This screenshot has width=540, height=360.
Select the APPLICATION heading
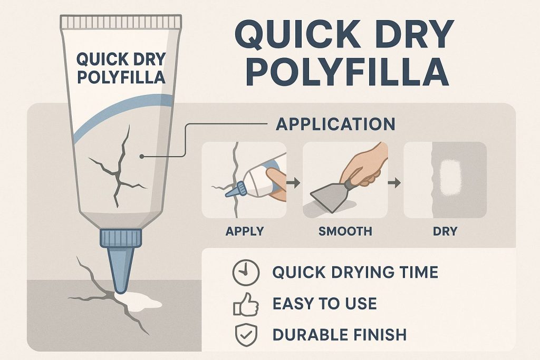click(x=336, y=124)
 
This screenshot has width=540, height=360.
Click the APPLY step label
click(x=244, y=231)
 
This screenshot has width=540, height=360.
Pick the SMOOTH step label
click(x=345, y=231)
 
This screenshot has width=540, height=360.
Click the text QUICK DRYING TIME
click(x=355, y=273)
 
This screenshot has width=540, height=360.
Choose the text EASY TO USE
click(x=324, y=304)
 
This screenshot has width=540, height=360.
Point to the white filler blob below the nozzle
click(x=139, y=301)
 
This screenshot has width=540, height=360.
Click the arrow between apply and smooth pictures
click(x=294, y=184)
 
